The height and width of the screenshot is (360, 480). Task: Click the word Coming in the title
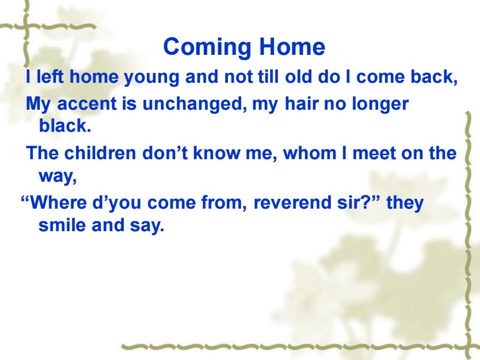coord(207,47)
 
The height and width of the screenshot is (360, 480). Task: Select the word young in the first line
coord(151,78)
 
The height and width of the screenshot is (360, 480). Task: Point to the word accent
coord(87,104)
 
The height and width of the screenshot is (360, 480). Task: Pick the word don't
coord(165,153)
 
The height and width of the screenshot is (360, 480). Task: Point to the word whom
coord(310,153)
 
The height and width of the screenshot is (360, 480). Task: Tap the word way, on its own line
coord(58,177)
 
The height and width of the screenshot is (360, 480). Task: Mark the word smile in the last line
coord(62,225)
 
